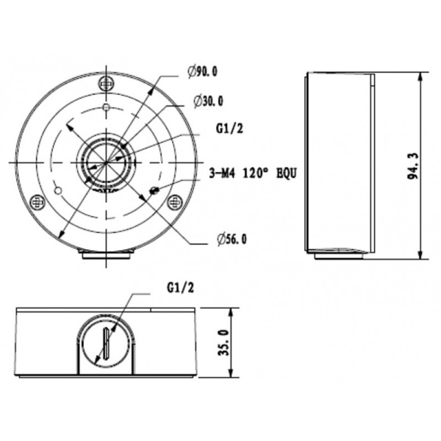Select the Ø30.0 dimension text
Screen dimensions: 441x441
pyautogui.click(x=209, y=101)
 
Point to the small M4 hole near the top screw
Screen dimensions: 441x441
pyautogui.click(x=107, y=108)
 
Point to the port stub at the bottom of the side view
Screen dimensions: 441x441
pyautogui.click(x=339, y=255)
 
